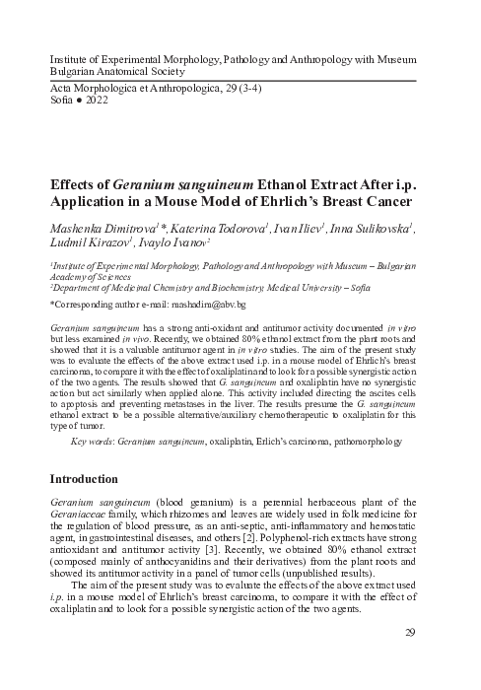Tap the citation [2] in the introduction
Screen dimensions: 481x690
coord(339,540)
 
